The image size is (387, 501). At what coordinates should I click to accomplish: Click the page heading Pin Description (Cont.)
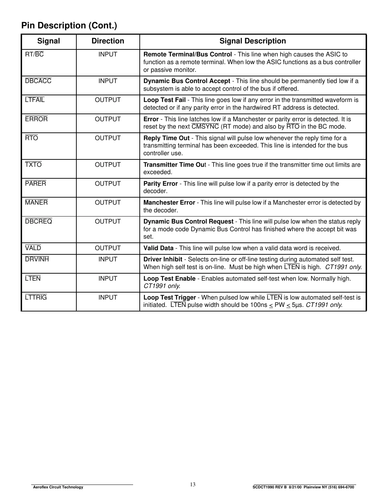coord(69,26)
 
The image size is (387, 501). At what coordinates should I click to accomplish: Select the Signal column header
coord(49,41)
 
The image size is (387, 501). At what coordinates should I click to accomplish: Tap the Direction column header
coord(108,41)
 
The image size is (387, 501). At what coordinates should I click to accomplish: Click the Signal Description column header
coord(253,41)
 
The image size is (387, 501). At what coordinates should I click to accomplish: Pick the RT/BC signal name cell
coord(34,54)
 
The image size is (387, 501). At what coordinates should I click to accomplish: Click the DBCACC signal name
coord(38,81)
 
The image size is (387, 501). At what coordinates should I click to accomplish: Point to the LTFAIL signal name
coord(35,100)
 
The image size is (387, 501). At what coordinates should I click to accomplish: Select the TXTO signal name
coord(33,165)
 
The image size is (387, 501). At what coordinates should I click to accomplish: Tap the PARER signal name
coord(35,184)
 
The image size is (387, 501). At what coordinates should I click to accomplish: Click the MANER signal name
coord(36,203)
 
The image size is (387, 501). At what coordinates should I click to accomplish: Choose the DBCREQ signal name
coord(39,221)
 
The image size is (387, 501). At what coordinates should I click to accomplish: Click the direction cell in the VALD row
coord(108,248)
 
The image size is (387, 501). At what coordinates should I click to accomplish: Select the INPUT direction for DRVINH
coord(108,259)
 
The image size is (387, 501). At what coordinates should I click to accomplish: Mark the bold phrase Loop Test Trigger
coord(170,297)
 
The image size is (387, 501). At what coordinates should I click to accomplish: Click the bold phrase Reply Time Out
coord(166,138)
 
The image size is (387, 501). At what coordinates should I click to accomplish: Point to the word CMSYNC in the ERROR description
coord(205,126)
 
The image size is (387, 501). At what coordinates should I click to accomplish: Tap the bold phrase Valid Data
coord(158,248)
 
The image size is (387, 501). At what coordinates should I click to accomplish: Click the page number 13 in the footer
coord(193,485)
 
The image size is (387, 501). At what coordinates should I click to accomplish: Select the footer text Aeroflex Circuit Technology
coord(58,487)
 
